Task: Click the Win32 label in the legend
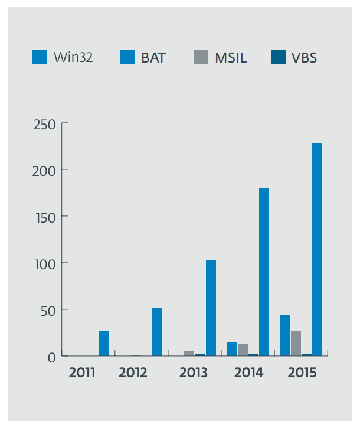(x=73, y=57)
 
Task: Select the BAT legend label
(x=154, y=57)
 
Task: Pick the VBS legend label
(x=304, y=57)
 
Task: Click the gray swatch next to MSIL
(x=201, y=57)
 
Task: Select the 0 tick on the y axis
(x=51, y=357)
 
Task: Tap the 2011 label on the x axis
(x=81, y=373)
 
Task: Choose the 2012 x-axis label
(x=132, y=373)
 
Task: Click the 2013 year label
(x=194, y=373)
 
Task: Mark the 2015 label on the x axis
(x=302, y=373)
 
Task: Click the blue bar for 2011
(x=104, y=344)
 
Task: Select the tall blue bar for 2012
(x=157, y=332)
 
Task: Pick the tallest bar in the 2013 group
(x=211, y=308)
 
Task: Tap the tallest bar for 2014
(x=264, y=272)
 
